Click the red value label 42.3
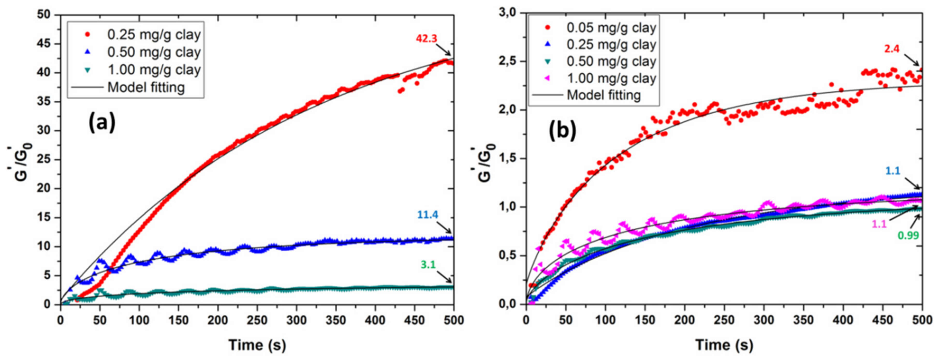pyautogui.click(x=426, y=39)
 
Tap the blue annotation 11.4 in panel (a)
pyautogui.click(x=428, y=215)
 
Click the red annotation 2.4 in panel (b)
pyautogui.click(x=892, y=49)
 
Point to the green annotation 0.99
pyautogui.click(x=908, y=236)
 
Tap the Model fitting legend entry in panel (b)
pyautogui.click(x=604, y=95)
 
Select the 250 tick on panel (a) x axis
pyautogui.click(x=257, y=320)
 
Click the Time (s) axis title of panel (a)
pyautogui.click(x=257, y=345)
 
